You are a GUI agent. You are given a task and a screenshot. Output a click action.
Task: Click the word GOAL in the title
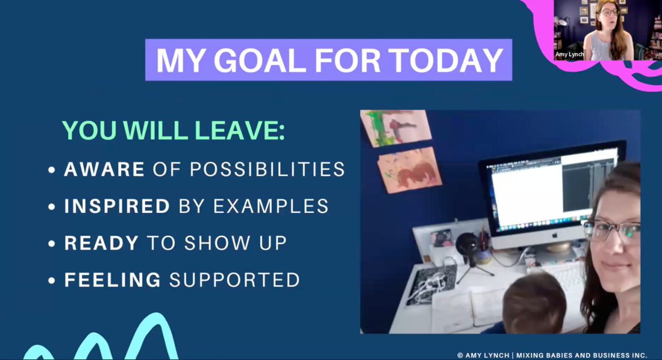[260, 61]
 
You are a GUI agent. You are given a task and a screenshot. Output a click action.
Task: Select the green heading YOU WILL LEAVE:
[174, 131]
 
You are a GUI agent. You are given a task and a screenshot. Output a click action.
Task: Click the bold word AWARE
[104, 169]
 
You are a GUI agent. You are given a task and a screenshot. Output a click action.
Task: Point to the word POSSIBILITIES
[267, 169]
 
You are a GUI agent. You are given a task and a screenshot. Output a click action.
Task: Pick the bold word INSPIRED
[117, 206]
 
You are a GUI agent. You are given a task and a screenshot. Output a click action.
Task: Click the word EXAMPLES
[271, 206]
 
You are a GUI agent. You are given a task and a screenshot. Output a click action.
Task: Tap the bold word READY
[101, 243]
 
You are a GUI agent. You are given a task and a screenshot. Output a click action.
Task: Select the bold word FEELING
[113, 280]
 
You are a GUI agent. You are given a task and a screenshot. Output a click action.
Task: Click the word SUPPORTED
[235, 280]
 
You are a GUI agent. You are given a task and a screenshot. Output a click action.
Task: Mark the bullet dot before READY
[52, 244]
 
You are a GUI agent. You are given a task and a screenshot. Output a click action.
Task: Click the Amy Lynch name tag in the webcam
[570, 55]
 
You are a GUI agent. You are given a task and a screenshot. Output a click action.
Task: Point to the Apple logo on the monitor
[555, 235]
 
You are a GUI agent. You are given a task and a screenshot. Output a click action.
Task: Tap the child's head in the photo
[534, 302]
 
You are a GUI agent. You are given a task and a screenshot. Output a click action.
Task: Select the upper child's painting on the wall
[397, 127]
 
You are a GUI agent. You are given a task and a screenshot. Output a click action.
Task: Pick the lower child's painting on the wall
[410, 169]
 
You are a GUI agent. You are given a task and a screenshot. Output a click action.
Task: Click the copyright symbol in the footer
[460, 356]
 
